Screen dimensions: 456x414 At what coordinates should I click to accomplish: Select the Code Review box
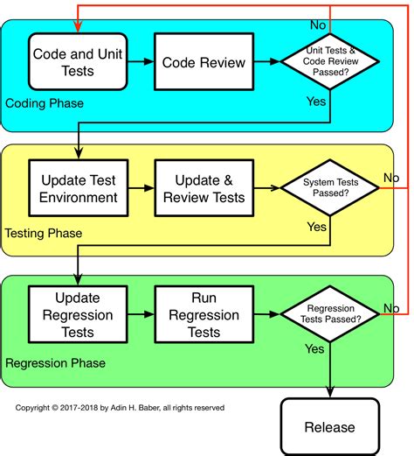pos(204,62)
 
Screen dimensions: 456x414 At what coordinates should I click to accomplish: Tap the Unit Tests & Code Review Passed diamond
pos(330,62)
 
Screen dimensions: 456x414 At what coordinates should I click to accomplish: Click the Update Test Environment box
pos(78,188)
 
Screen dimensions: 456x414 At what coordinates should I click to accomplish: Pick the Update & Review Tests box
pos(204,188)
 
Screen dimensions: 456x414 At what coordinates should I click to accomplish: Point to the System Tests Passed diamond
pos(330,188)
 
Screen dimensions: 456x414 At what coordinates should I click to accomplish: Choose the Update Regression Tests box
pos(78,314)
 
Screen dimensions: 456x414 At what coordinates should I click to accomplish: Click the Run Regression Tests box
pos(204,314)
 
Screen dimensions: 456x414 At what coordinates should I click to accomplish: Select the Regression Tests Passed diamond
pos(330,314)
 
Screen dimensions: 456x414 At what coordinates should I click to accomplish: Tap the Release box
pos(330,426)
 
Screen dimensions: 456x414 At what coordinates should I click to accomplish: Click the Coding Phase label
pos(45,103)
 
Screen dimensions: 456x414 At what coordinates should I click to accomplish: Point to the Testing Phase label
pos(45,233)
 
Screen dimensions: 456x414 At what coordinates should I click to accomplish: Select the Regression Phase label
pos(56,362)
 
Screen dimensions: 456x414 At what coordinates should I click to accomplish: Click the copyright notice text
pos(120,407)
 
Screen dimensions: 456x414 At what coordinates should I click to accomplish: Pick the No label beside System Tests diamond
pos(393,179)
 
